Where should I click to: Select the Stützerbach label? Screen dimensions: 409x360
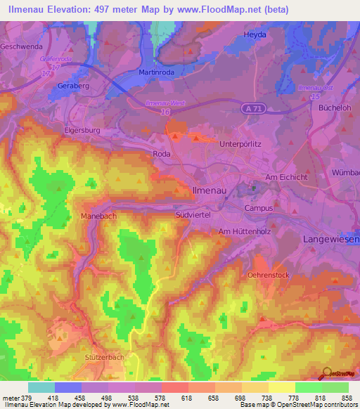[x=104, y=357]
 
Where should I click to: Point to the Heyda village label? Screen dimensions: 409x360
[x=255, y=34]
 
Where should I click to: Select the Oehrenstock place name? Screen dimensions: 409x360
[x=269, y=275]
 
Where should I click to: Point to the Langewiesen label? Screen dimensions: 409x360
[x=330, y=240]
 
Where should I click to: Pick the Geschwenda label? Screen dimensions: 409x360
[x=23, y=46]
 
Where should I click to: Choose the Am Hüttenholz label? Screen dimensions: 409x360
[x=245, y=231]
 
